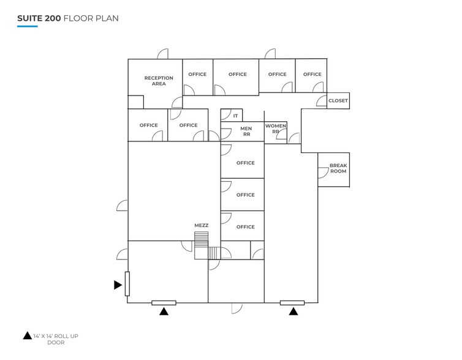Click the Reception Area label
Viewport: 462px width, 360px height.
pyautogui.click(x=159, y=81)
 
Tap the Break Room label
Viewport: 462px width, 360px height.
pyautogui.click(x=338, y=168)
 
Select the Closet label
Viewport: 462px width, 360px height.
pyautogui.click(x=338, y=100)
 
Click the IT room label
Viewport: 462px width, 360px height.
pyautogui.click(x=235, y=115)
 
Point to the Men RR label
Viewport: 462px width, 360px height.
pyautogui.click(x=246, y=132)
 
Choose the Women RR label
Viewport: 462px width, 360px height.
pyautogui.click(x=276, y=129)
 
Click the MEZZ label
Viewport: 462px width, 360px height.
pyautogui.click(x=201, y=225)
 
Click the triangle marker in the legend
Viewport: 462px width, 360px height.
pyautogui.click(x=27, y=336)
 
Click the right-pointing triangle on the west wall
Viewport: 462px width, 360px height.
pyautogui.click(x=118, y=284)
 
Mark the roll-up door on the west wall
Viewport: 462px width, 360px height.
pyautogui.click(x=127, y=284)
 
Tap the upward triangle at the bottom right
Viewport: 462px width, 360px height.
pyautogui.click(x=293, y=312)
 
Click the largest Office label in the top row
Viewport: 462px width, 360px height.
pyautogui.click(x=238, y=75)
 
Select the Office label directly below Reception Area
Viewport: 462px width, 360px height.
pyautogui.click(x=148, y=126)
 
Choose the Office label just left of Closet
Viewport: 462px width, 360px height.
pyautogui.click(x=312, y=75)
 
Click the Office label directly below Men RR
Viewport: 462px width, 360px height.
pyautogui.click(x=245, y=163)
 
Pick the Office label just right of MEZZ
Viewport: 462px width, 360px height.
pyautogui.click(x=245, y=227)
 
